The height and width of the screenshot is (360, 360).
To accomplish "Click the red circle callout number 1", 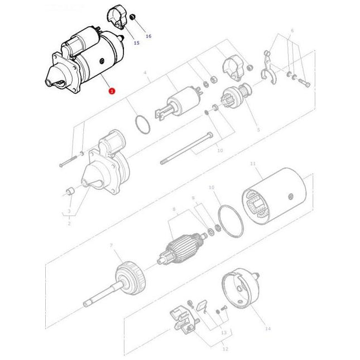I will tap(112, 90).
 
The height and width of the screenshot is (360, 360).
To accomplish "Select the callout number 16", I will tap(148, 36).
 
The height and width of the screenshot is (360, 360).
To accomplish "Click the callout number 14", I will tap(268, 329).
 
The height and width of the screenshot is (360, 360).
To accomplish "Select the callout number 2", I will tap(69, 223).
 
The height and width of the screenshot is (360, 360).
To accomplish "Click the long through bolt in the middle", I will tap(188, 148).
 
